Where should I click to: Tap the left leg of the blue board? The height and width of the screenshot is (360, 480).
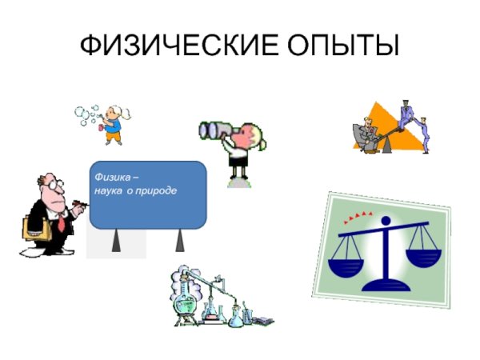pyautogui.click(x=117, y=240)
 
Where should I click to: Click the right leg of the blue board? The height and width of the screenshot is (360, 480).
pyautogui.click(x=179, y=240)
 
